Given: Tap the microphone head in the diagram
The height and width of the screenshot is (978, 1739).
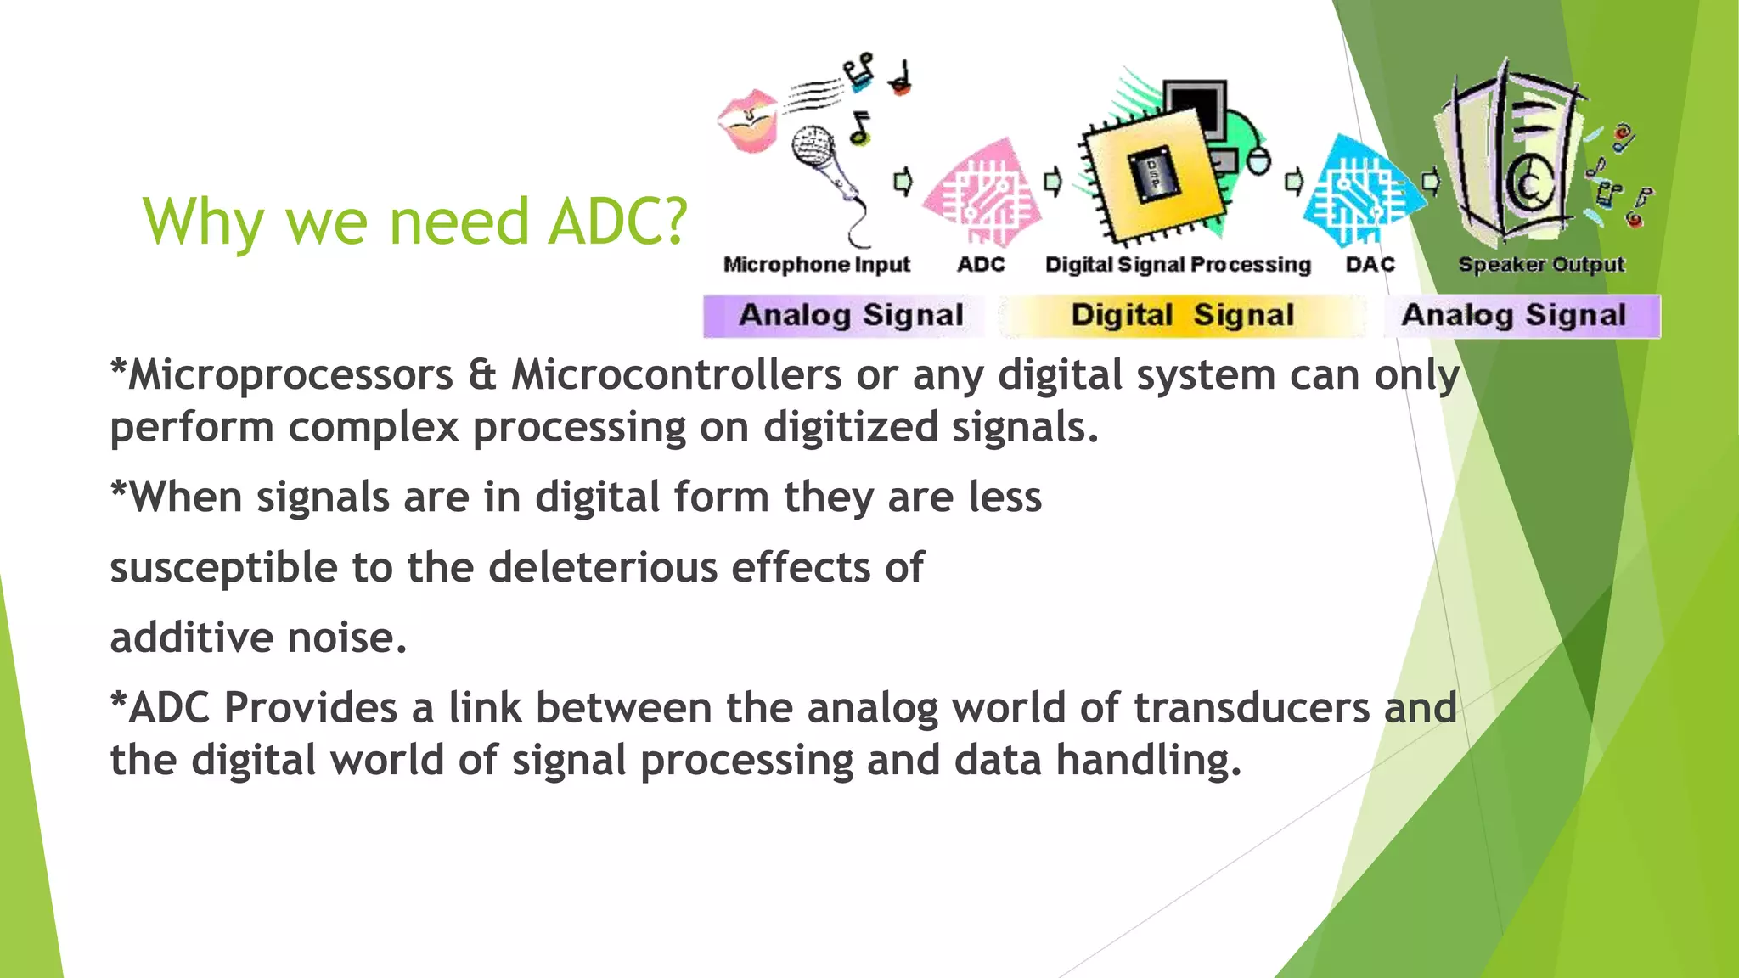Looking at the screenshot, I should point(813,145).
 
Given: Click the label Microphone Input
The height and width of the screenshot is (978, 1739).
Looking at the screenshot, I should point(816,265).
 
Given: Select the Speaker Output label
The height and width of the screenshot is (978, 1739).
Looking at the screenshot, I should point(1540,265).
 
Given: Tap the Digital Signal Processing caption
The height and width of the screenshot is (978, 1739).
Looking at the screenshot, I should point(1178,265).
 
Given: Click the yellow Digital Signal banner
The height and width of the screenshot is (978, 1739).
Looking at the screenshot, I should point(1182,316).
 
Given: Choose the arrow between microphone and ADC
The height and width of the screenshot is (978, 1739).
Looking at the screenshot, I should point(903,181).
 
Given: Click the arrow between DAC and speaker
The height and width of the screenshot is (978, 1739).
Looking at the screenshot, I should point(1431,181).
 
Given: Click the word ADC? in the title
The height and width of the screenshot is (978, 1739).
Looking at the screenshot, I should point(617,222).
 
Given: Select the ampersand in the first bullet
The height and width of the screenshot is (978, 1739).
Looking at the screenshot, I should point(481,375).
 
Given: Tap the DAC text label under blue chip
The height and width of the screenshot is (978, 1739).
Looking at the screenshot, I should point(1370,265).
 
